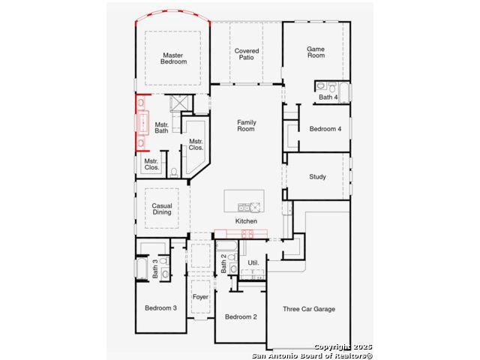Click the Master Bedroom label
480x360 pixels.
tap(173, 58)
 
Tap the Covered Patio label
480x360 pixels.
tap(247, 54)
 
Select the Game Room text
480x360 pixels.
tap(316, 52)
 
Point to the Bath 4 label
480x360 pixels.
tap(328, 97)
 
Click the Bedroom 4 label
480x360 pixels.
tap(325, 129)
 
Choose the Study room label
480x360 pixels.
tap(317, 177)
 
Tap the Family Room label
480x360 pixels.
tap(247, 125)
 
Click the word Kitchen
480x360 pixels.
tap(246, 221)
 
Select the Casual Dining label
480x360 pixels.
tap(162, 208)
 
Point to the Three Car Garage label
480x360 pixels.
tap(309, 309)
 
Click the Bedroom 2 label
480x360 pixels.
tap(241, 316)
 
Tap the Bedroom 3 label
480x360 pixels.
tap(160, 308)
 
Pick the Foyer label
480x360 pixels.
tap(200, 297)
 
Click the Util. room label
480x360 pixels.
tap(253, 262)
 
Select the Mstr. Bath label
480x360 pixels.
tap(162, 127)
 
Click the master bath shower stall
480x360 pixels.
tap(178, 103)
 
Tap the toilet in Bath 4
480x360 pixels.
tap(332, 87)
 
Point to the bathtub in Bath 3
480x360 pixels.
tap(142, 268)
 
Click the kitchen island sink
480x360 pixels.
tap(244, 208)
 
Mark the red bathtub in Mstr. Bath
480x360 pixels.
tap(142, 123)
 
